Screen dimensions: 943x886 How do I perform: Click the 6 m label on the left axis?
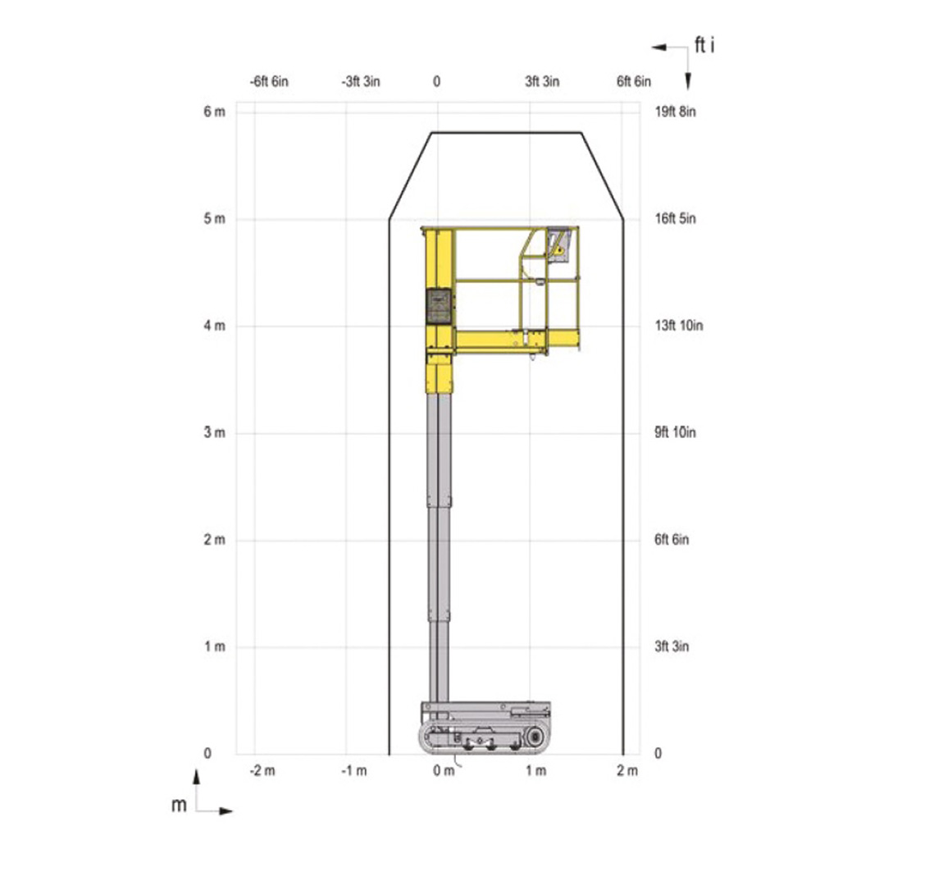click(x=214, y=112)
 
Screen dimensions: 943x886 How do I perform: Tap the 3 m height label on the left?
click(x=214, y=432)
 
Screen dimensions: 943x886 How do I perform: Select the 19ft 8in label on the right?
click(x=675, y=112)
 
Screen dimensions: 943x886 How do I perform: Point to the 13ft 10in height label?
click(x=678, y=326)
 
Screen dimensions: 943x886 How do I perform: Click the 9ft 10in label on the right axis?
click(x=675, y=432)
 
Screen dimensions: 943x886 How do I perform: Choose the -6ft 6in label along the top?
click(x=269, y=81)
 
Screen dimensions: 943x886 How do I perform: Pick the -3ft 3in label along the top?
click(x=361, y=81)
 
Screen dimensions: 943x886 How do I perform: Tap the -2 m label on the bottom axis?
click(x=262, y=770)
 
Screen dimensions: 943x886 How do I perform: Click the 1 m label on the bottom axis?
click(x=535, y=770)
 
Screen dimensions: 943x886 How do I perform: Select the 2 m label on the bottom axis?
click(x=627, y=770)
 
